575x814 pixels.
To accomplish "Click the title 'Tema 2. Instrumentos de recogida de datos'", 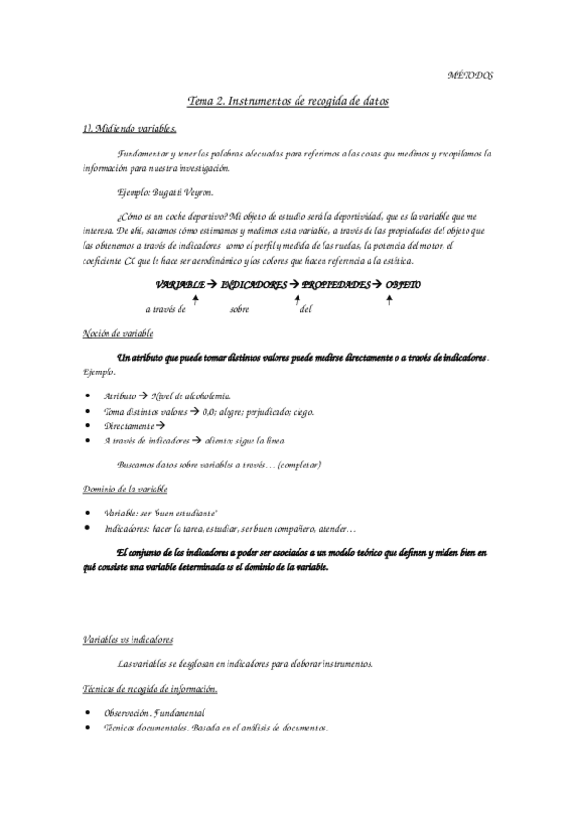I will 287,100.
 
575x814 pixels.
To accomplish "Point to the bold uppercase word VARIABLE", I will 180,285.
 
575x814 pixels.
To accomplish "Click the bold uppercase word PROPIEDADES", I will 337,285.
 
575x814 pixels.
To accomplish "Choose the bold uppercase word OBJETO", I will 403,285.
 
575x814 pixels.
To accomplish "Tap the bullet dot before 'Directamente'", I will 88,425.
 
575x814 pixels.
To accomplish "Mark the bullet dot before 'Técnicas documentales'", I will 88,728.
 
